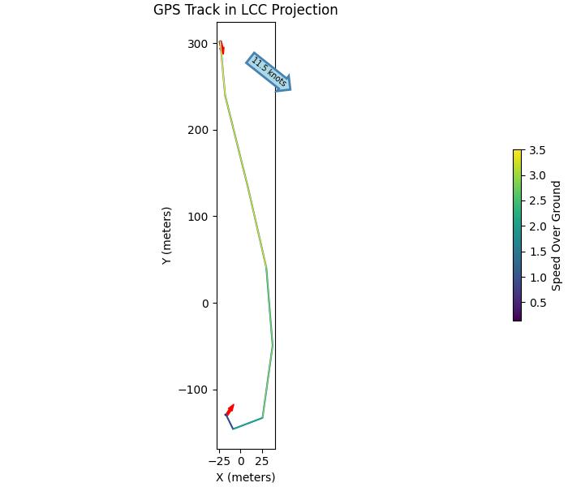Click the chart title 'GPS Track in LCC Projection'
click(x=245, y=11)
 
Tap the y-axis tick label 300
click(x=198, y=44)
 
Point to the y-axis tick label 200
click(x=198, y=130)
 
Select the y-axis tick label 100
click(x=198, y=217)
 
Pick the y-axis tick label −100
click(x=194, y=390)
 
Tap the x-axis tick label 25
click(x=263, y=461)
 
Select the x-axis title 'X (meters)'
click(x=245, y=477)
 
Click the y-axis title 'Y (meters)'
click(x=167, y=235)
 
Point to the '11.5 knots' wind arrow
click(x=269, y=72)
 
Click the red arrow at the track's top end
click(x=222, y=48)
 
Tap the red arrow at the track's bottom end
click(x=230, y=410)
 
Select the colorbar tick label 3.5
click(x=537, y=150)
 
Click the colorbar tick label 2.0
click(x=537, y=226)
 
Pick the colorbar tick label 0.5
click(x=537, y=303)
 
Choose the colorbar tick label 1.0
click(x=537, y=278)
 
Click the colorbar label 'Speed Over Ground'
click(x=557, y=235)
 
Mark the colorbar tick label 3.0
click(x=537, y=175)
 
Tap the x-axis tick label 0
click(x=241, y=461)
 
